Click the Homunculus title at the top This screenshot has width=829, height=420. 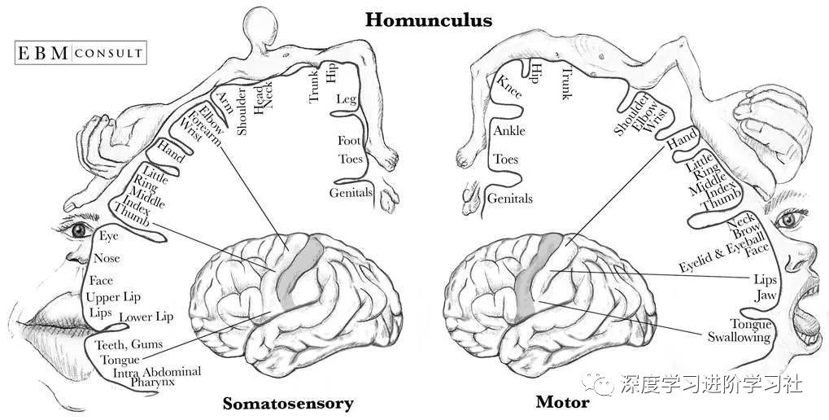[x=428, y=19]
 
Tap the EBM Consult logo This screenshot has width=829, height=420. [x=81, y=54]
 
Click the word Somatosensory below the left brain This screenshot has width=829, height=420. [x=288, y=403]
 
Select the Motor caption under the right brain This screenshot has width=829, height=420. [x=562, y=402]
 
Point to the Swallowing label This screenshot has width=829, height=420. [x=738, y=336]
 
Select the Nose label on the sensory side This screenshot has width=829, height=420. [x=107, y=258]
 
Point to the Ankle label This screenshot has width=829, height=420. [x=509, y=130]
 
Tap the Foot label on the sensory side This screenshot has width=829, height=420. [x=349, y=140]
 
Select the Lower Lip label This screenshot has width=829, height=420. [x=146, y=317]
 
